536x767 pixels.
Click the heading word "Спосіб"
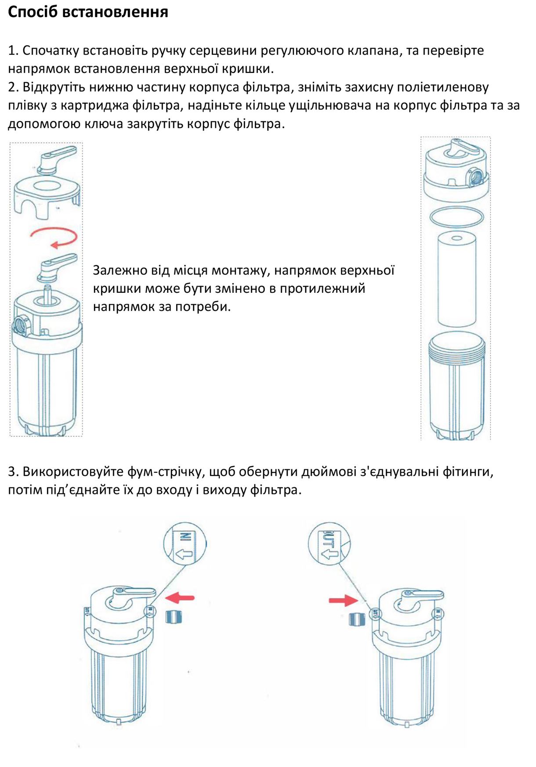pos(33,12)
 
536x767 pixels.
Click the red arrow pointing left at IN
pos(180,597)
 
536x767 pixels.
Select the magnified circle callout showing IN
pos(185,544)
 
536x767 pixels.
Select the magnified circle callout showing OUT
pos(329,544)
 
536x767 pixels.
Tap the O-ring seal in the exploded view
pos(456,216)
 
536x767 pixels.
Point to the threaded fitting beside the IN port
pos(174,617)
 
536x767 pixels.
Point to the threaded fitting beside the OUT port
pos(356,619)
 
